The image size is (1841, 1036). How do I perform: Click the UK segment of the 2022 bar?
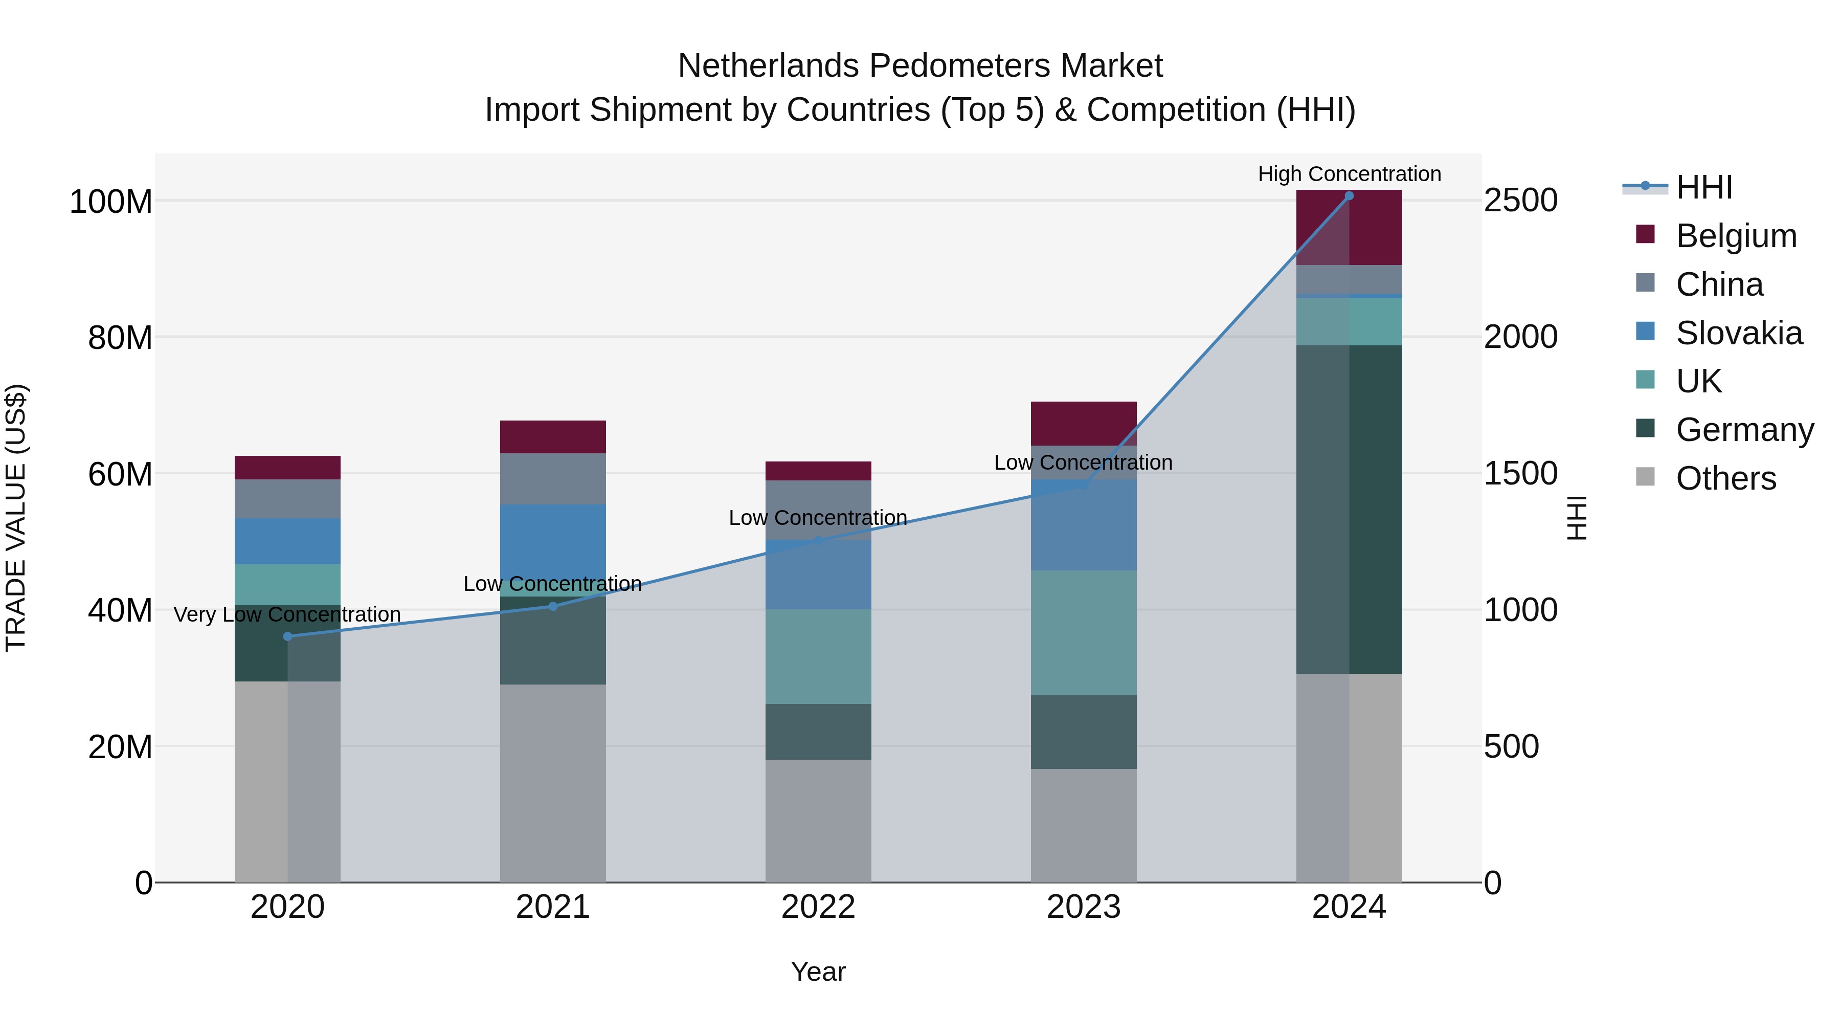coord(818,656)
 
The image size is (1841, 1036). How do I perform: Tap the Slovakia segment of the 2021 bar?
coord(552,549)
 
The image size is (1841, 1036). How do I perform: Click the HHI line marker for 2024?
coord(1349,196)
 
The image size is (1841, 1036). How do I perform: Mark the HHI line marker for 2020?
coord(287,636)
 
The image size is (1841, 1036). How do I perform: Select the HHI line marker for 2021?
coord(552,606)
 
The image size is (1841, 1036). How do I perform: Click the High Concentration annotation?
coord(1349,174)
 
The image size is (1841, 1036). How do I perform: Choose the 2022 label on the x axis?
coord(818,907)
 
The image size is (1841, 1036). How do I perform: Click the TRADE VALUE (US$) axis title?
coord(16,518)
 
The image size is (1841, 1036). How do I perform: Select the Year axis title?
coord(818,972)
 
